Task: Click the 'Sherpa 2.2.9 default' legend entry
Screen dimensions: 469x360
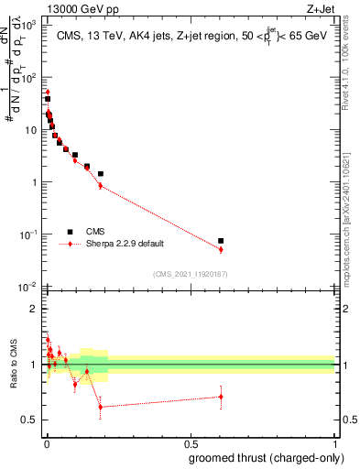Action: (x=119, y=245)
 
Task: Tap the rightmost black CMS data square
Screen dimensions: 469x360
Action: (x=221, y=241)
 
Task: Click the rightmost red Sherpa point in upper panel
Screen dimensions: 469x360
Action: (x=221, y=249)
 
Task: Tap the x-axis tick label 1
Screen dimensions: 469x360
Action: (x=334, y=443)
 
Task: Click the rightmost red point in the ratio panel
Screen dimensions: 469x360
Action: (x=221, y=397)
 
